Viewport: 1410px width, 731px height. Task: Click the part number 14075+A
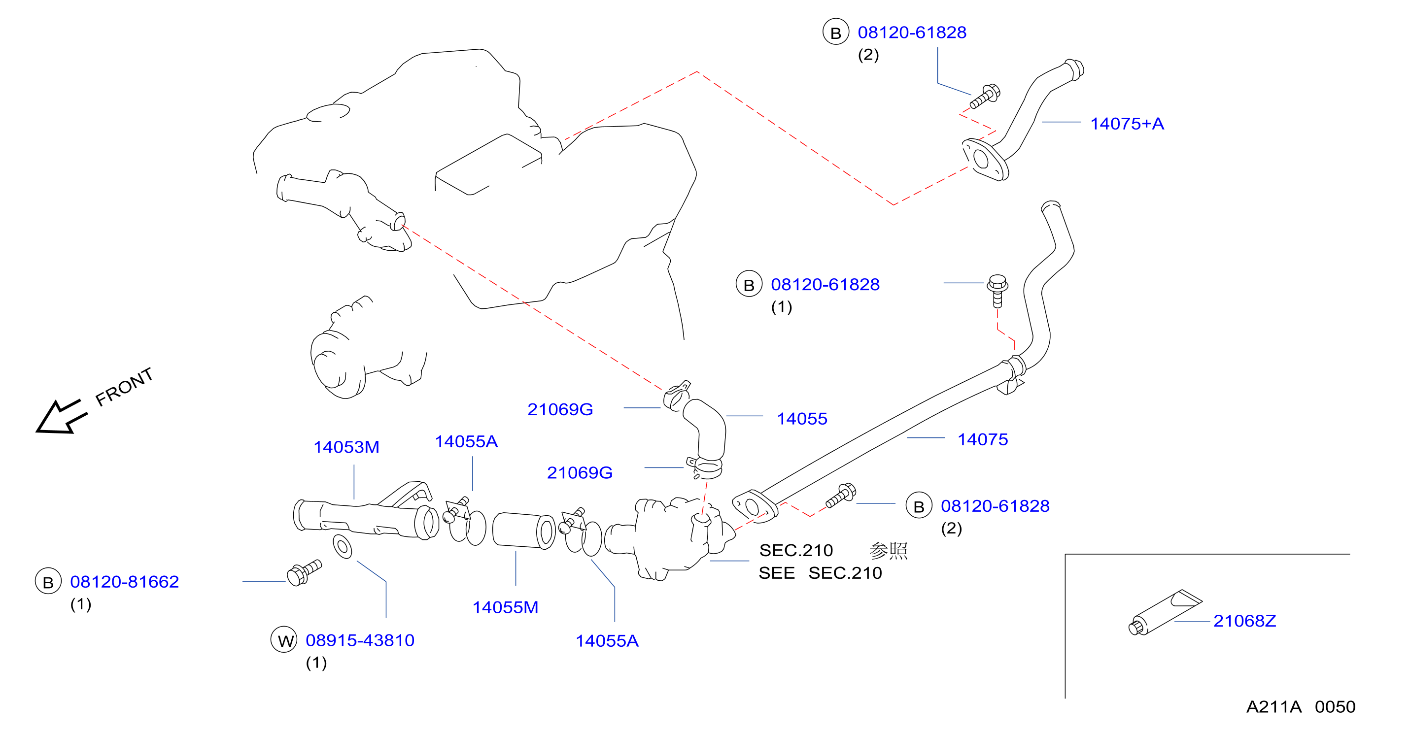point(1127,124)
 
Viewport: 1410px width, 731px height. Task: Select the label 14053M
point(346,447)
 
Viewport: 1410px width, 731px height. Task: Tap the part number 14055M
point(505,607)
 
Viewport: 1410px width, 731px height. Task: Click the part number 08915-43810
point(360,640)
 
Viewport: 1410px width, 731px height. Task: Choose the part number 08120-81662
point(124,582)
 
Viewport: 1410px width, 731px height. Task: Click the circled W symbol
point(284,639)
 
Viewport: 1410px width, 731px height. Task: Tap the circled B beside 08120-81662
point(48,581)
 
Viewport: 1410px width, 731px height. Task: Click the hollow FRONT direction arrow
point(61,417)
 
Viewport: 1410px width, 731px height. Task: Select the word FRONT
point(124,387)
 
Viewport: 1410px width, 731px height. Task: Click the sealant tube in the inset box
point(1165,612)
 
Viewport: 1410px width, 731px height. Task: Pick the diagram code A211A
point(1273,707)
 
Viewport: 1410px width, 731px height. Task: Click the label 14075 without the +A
point(983,439)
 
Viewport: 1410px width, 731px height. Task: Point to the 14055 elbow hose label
point(802,419)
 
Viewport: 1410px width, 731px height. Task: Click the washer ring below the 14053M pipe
point(343,547)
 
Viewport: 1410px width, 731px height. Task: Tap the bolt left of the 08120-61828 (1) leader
point(997,291)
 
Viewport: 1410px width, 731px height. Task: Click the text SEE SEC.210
point(820,573)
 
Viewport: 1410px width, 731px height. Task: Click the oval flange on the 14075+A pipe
point(985,160)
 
